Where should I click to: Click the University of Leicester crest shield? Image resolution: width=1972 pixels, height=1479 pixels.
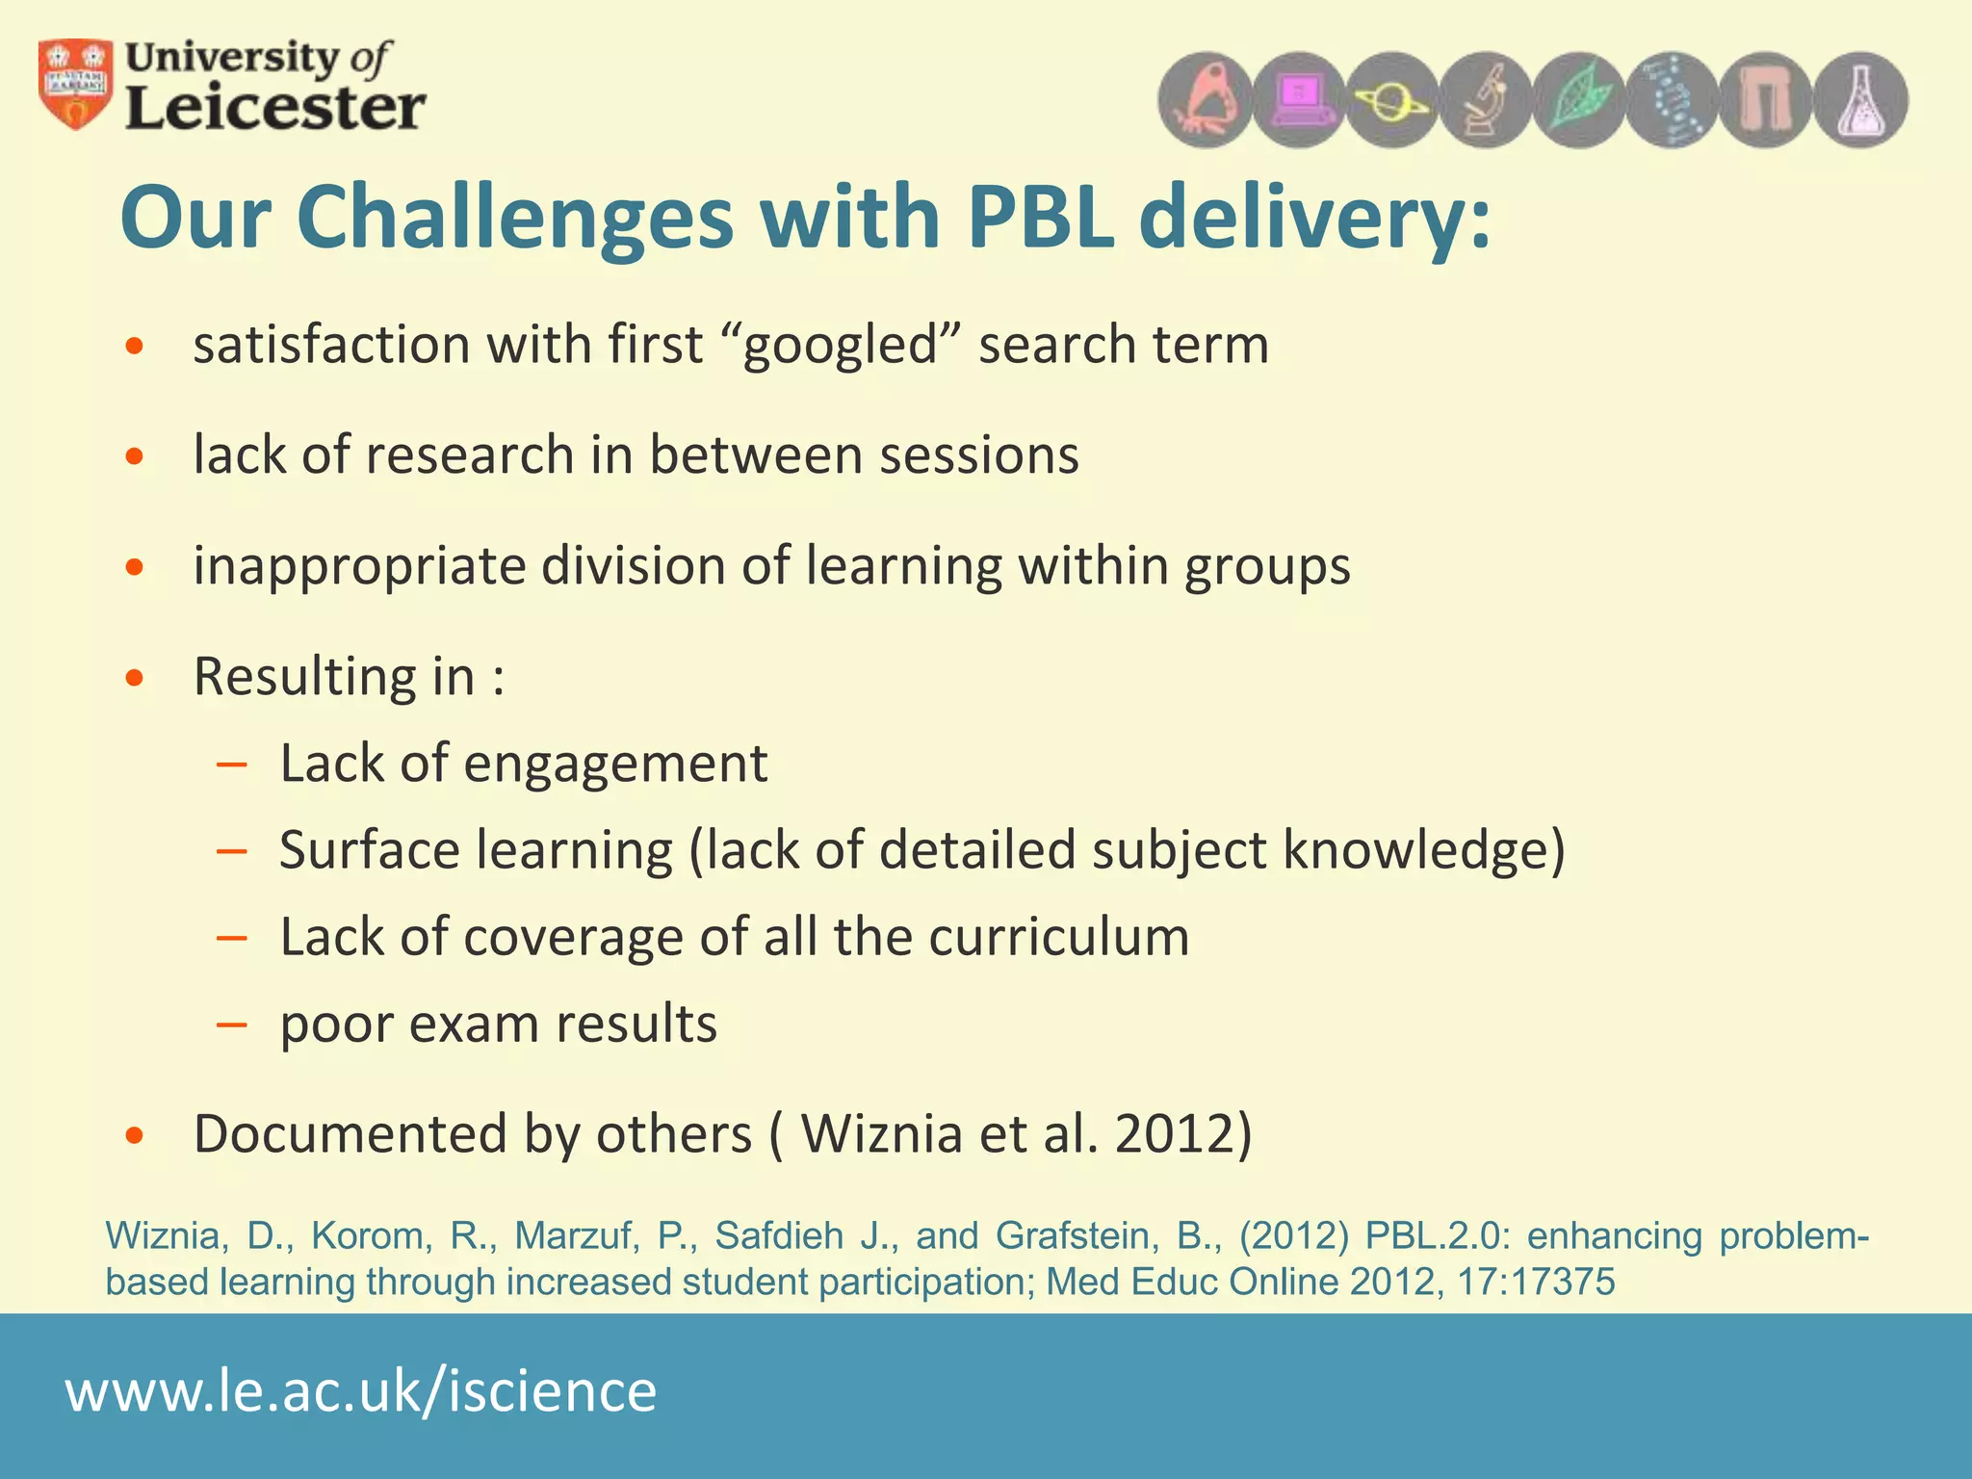tap(75, 84)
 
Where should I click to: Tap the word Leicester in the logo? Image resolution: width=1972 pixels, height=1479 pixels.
tap(275, 108)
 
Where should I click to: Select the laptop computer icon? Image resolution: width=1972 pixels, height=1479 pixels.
tap(1299, 100)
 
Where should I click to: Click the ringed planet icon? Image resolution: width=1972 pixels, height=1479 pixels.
tap(1391, 100)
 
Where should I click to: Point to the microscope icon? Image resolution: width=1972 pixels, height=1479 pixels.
tap(1485, 100)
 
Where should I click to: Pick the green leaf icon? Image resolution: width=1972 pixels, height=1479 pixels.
tap(1579, 100)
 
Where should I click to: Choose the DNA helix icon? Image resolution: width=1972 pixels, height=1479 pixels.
tap(1673, 100)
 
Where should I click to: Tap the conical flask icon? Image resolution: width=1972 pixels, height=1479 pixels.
tap(1860, 100)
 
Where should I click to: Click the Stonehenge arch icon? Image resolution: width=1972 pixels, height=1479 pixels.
tap(1766, 100)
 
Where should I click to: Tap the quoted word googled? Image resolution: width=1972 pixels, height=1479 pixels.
tap(840, 345)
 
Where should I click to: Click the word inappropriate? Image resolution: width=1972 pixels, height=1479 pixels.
tap(358, 566)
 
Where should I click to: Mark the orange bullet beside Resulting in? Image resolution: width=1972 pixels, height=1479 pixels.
tap(135, 677)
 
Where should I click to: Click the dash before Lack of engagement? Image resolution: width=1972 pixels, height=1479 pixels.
tap(232, 765)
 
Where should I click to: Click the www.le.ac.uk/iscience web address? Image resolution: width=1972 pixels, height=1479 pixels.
tap(361, 1391)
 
